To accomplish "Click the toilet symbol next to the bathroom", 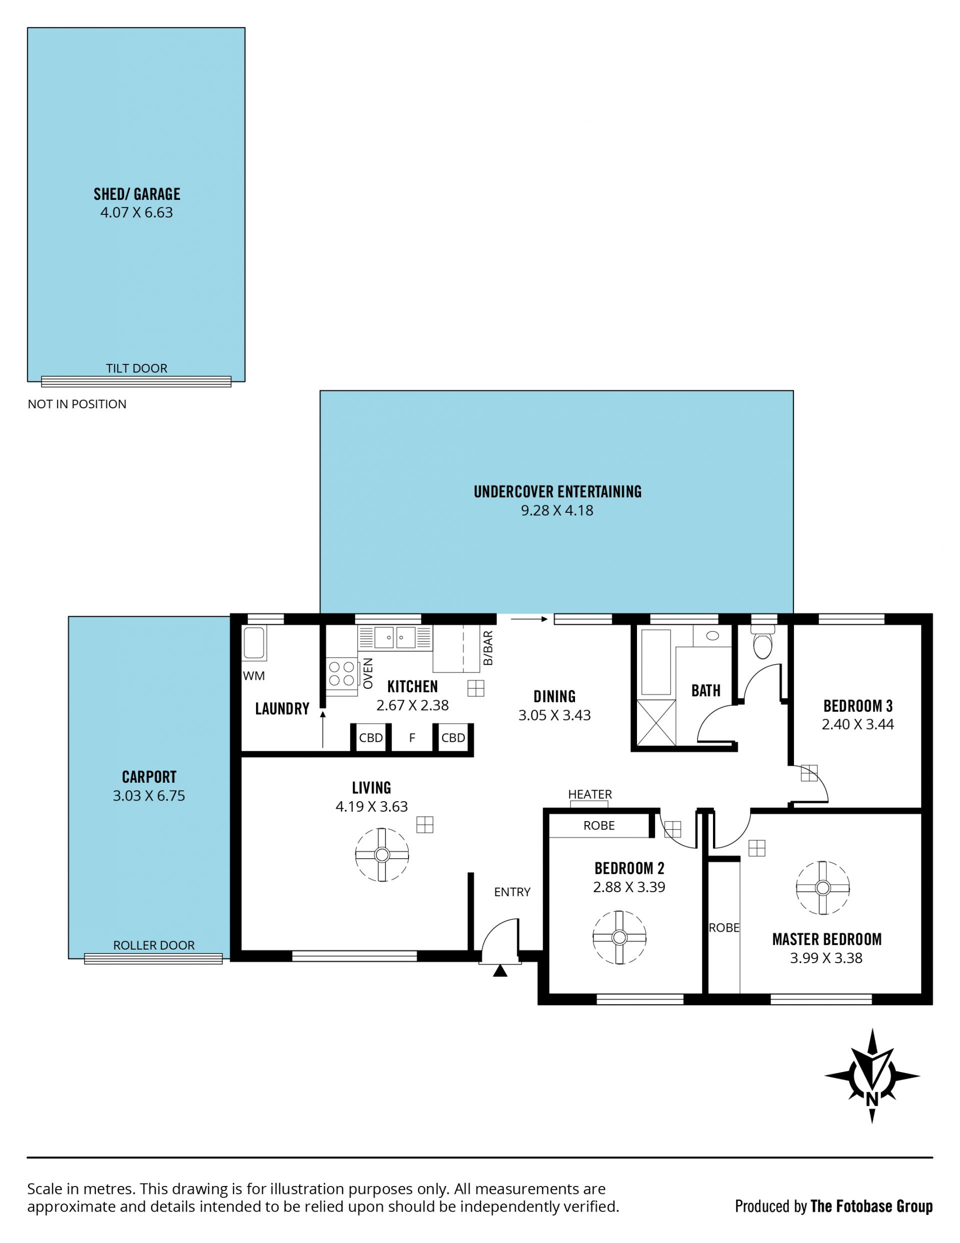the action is pos(763,642).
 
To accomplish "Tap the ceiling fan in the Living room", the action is pos(382,855).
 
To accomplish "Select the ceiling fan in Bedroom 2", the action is pos(619,937).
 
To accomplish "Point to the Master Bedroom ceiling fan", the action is pos(823,887).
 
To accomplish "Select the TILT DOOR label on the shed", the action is pos(136,368).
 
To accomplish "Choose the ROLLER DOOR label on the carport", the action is pos(153,945).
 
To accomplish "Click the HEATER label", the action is pos(590,794).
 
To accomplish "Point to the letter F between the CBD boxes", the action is pos(412,738).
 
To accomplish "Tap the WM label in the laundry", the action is pos(254,676).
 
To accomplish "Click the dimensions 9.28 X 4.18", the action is pos(557,510).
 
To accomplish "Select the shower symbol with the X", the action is pos(656,723).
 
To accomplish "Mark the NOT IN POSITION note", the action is pos(77,404).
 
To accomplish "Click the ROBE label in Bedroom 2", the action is pos(599,825).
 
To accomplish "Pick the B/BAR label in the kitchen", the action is pos(488,648).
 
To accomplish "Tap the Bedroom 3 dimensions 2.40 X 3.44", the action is pos(857,725).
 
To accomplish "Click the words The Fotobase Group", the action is pos(871,1206).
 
